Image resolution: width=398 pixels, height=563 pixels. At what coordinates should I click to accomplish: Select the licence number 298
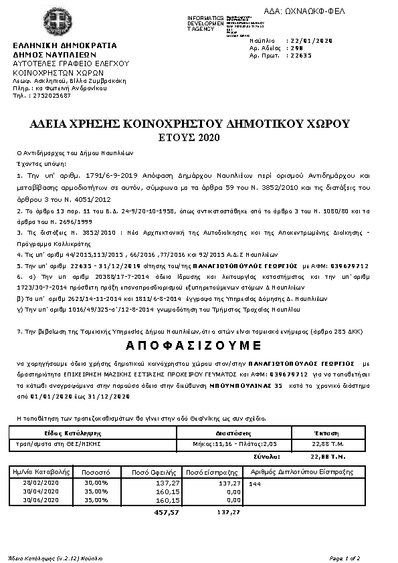coord(294,49)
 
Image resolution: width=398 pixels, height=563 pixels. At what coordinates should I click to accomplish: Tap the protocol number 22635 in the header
coord(298,56)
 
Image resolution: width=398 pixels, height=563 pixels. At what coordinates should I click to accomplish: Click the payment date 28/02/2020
coord(41,482)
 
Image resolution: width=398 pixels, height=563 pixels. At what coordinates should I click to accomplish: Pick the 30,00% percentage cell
coord(96,482)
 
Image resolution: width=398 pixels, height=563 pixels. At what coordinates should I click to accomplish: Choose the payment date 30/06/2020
coord(41,499)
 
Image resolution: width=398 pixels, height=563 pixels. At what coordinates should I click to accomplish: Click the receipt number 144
coord(255,483)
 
